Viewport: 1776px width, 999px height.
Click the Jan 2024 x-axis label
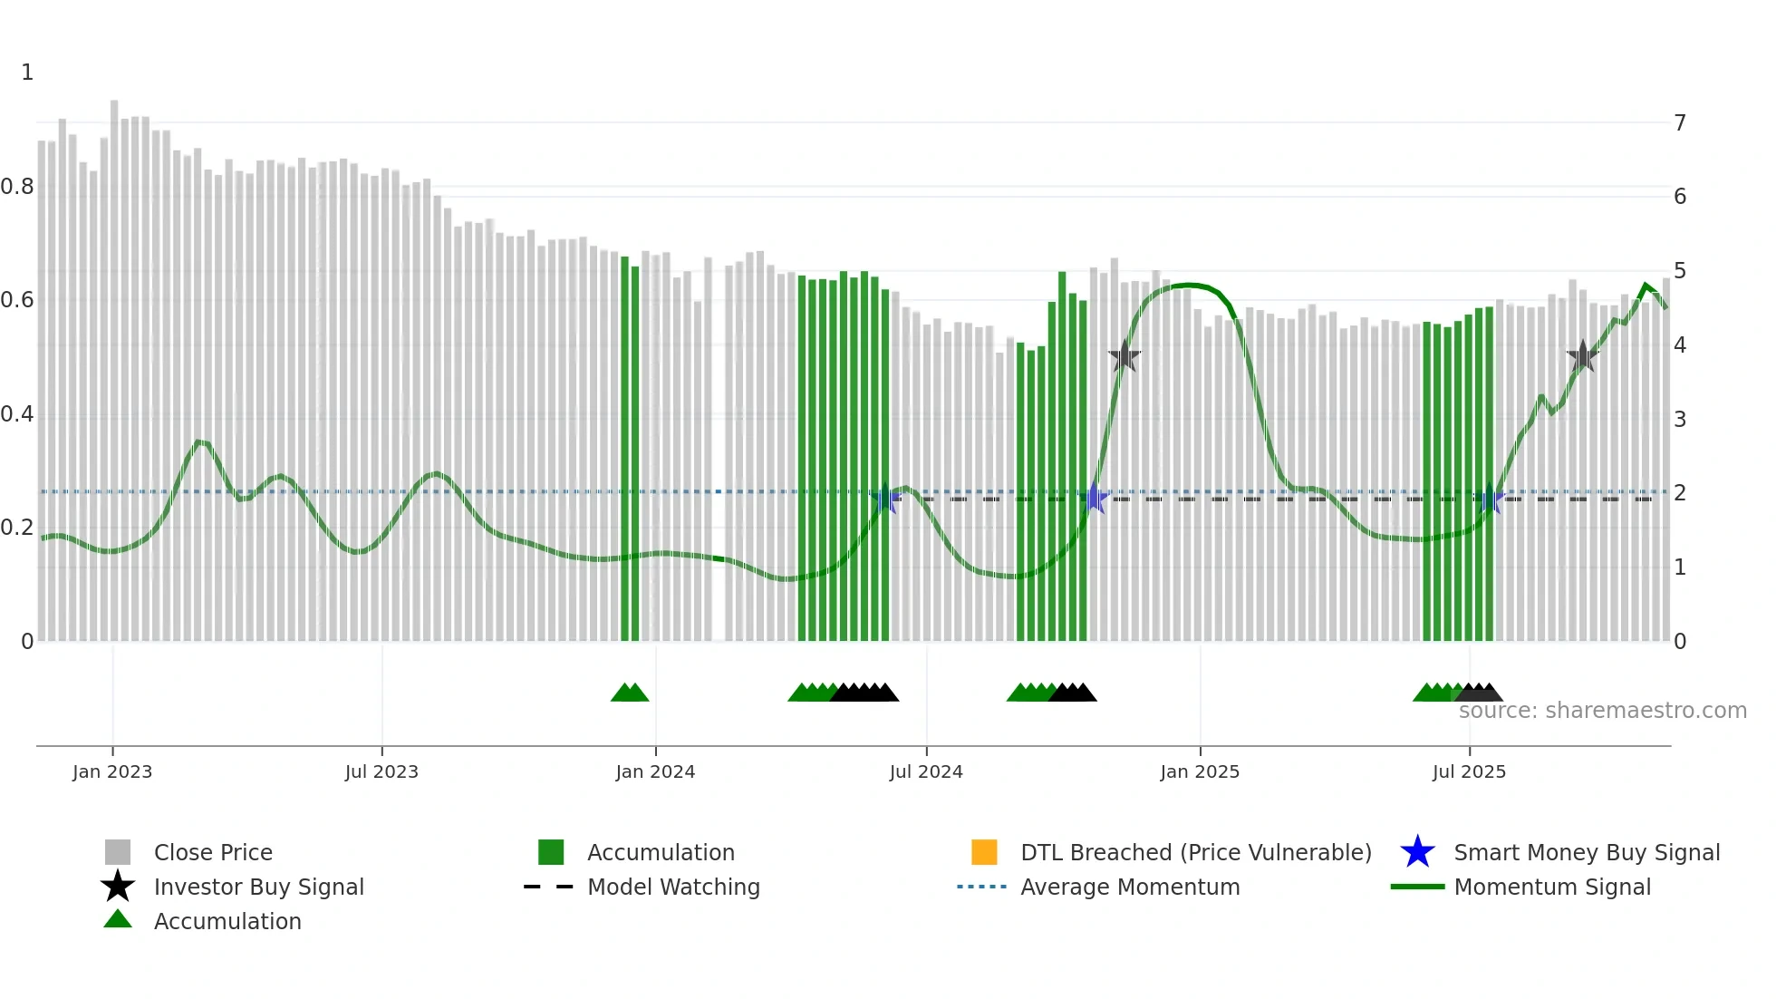[655, 771]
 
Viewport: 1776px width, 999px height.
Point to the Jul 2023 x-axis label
[381, 771]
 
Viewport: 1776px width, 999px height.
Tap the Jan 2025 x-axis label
[1200, 771]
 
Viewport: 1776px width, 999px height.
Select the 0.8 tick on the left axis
[17, 187]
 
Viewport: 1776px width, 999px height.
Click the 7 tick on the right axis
[1680, 122]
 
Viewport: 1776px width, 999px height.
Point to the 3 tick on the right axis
[1680, 419]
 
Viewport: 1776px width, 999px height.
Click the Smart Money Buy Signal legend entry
[1586, 852]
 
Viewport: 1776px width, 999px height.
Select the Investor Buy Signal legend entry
[258, 887]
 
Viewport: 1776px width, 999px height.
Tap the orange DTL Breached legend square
[984, 852]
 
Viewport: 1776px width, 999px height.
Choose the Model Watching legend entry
[672, 887]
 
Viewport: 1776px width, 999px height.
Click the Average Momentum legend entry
[1129, 887]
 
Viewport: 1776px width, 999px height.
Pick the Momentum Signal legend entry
[1551, 887]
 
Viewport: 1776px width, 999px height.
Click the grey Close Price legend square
[118, 852]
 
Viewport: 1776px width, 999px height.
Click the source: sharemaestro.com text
[1602, 710]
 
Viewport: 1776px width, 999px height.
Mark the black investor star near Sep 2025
[1582, 356]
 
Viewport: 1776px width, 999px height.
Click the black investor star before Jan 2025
[1124, 356]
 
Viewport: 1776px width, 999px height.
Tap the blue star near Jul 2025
[1489, 499]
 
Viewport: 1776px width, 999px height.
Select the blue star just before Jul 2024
[885, 498]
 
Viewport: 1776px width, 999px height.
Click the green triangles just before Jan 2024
[630, 693]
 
